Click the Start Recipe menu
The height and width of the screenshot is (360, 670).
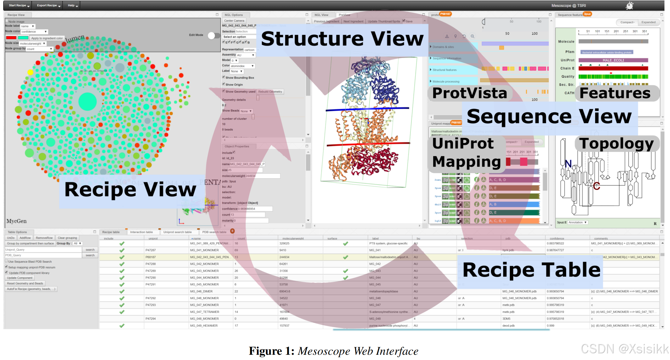[x=19, y=6]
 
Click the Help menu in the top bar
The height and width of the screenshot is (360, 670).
[x=72, y=6]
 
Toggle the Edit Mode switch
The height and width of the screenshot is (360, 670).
[x=214, y=36]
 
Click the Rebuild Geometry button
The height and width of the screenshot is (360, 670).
[x=270, y=92]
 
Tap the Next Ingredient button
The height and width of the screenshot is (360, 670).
[x=353, y=21]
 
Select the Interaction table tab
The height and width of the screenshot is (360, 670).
[x=141, y=232]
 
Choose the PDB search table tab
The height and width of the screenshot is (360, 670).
[x=214, y=232]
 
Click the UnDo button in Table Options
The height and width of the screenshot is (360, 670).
[x=11, y=238]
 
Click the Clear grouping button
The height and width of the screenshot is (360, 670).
[x=67, y=238]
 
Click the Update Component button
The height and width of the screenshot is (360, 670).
[x=20, y=278]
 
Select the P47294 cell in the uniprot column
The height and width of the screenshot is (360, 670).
[x=151, y=319]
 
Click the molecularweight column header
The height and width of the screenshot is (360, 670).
[x=293, y=238]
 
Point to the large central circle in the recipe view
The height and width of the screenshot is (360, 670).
[x=87, y=101]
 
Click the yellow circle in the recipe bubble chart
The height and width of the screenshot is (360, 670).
[x=30, y=72]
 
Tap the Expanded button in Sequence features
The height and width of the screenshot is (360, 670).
[x=648, y=22]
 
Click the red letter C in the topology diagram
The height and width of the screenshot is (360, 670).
[x=596, y=186]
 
